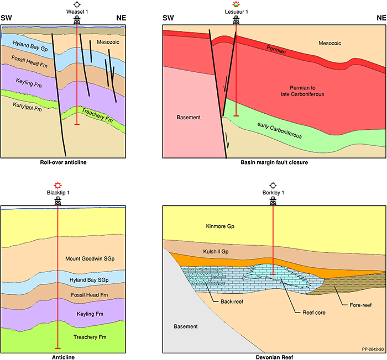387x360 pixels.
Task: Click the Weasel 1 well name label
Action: [78, 12]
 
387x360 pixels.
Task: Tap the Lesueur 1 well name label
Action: [237, 12]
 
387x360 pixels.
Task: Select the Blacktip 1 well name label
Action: [57, 193]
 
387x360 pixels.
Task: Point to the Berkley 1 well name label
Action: [273, 193]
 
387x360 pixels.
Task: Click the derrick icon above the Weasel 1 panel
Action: [78, 20]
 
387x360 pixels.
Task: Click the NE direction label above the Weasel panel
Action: [121, 18]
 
